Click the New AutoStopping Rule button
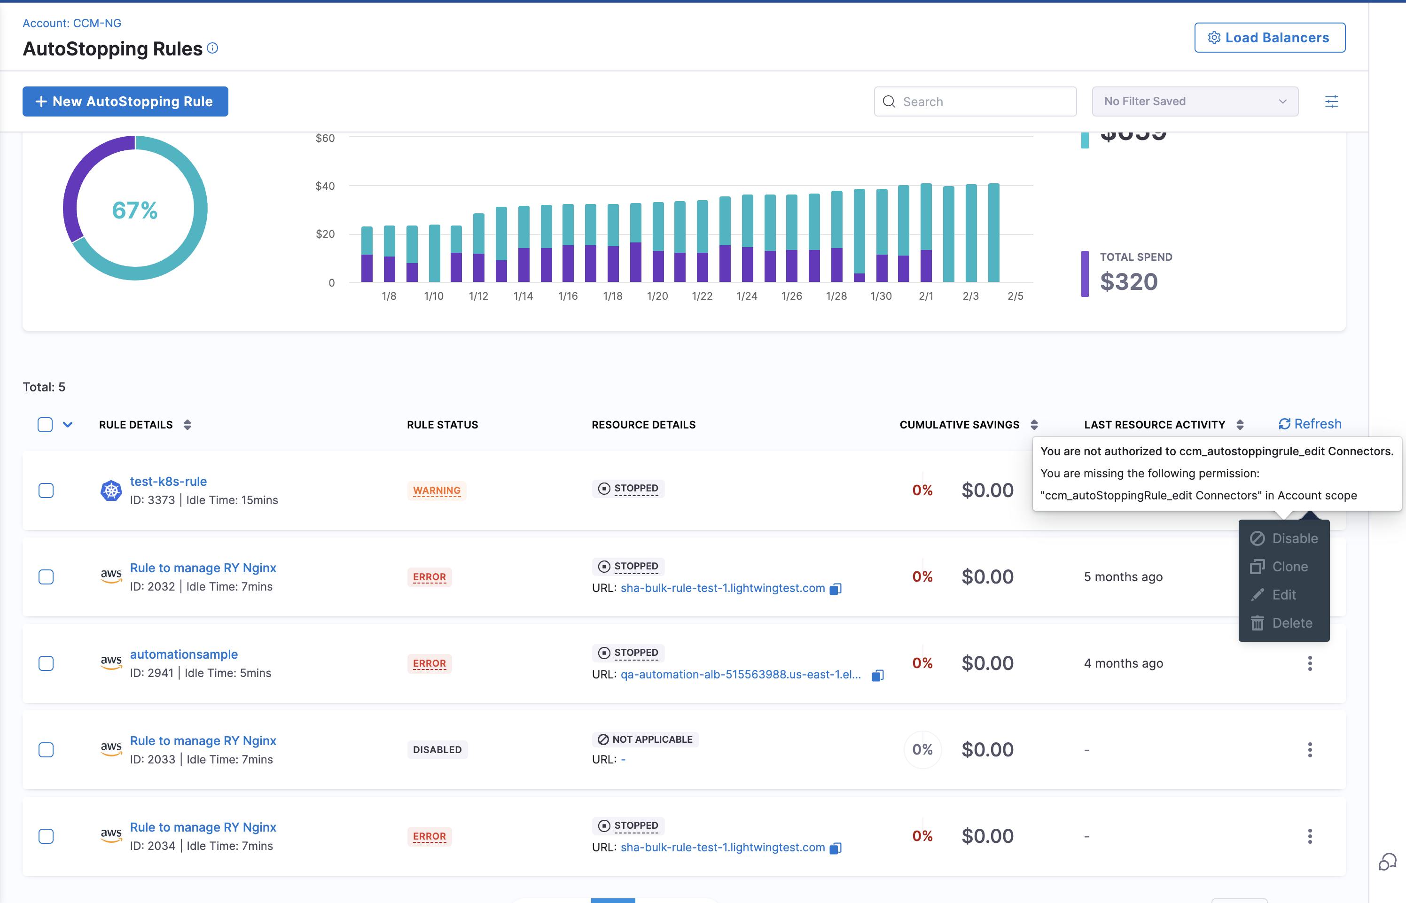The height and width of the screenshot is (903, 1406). coord(125,101)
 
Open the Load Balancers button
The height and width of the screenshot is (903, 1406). coord(1269,38)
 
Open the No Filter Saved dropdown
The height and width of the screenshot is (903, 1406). coord(1195,101)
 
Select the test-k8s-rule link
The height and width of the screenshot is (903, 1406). coord(168,482)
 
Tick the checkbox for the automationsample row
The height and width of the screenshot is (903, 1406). coord(46,663)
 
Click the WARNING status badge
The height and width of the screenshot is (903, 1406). coord(436,490)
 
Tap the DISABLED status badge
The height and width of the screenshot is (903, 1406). coord(437,749)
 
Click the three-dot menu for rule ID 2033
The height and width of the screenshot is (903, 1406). coord(1309,749)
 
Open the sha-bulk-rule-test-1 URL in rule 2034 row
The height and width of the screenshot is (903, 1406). coord(722,847)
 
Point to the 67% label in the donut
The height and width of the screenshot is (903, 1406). coord(135,210)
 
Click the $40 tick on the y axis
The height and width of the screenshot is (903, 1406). coord(325,186)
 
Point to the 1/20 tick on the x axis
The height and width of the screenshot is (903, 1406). coord(657,296)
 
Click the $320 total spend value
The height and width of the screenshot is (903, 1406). coord(1129,282)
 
